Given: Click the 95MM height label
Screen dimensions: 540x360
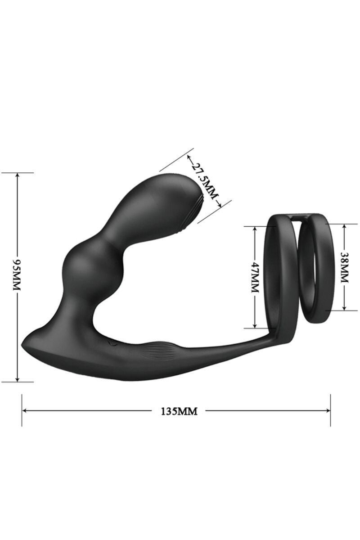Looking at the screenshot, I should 18,275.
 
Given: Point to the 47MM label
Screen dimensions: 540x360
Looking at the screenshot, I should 254,277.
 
